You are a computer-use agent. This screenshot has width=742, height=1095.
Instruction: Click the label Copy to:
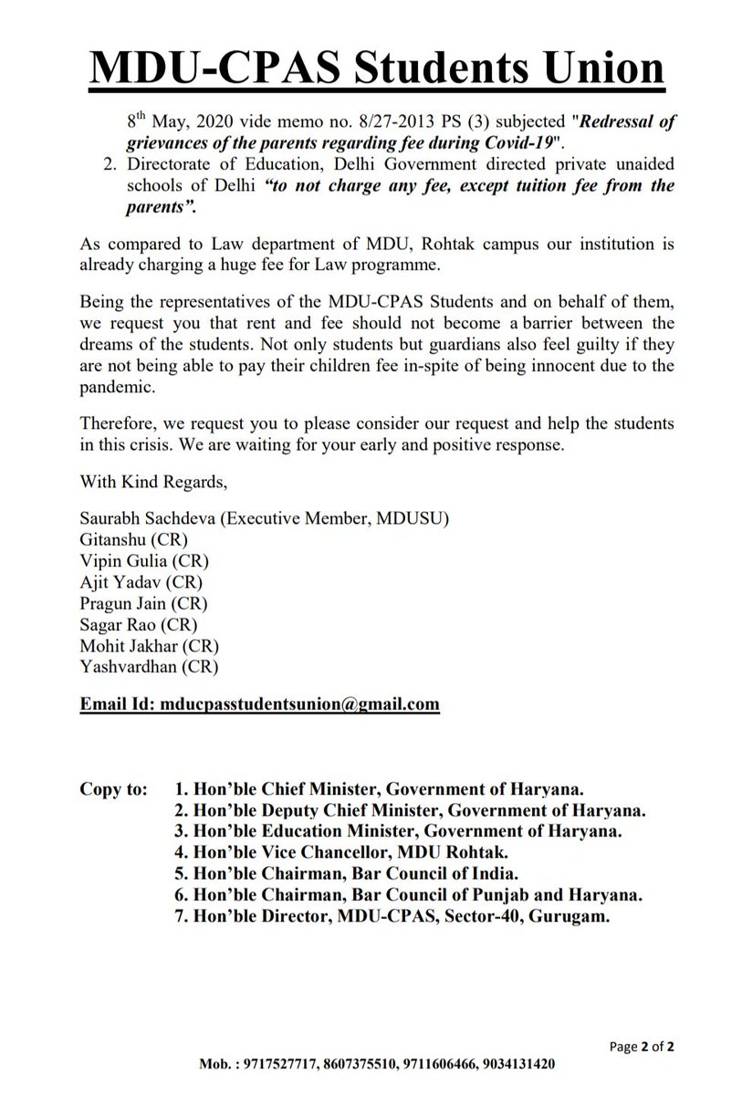(112, 788)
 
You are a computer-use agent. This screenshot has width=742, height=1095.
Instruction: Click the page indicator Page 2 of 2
(642, 1047)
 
